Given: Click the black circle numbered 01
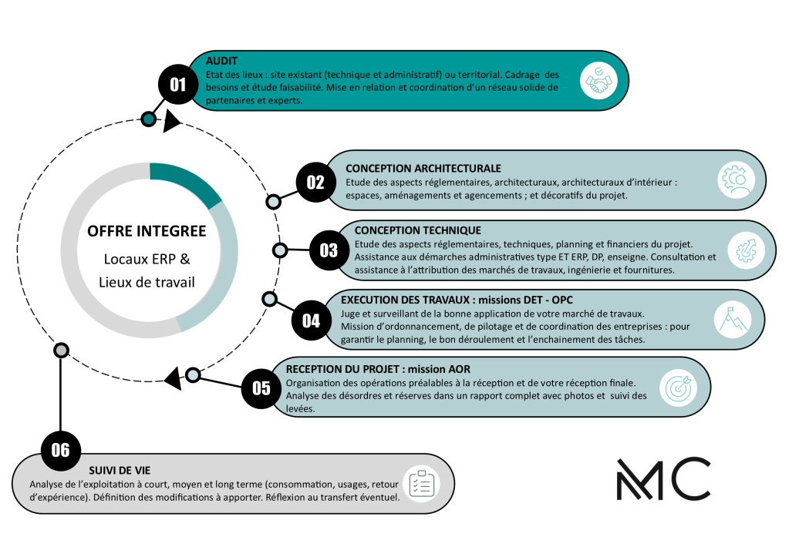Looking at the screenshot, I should [178, 84].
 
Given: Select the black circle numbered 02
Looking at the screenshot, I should [315, 183].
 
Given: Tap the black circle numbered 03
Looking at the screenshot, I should [329, 250].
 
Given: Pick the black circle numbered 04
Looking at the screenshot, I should [311, 320].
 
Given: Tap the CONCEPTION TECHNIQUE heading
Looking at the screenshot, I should [417, 230].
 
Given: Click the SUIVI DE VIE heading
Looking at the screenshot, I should [119, 470].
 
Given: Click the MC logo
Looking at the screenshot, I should [663, 478].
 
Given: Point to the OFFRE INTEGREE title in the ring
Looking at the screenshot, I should [147, 231].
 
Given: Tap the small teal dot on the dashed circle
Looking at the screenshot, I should [148, 119].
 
